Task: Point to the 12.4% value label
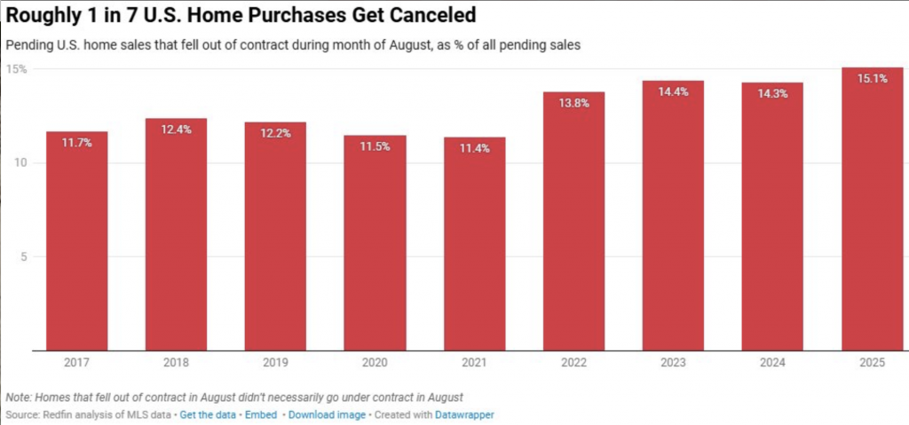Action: [x=176, y=130]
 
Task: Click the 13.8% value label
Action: [x=573, y=103]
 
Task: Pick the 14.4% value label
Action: [x=673, y=91]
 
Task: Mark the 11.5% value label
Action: [x=375, y=146]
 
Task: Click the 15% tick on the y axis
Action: [x=17, y=69]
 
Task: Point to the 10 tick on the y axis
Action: [x=20, y=163]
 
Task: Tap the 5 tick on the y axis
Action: [x=24, y=257]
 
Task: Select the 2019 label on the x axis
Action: [x=276, y=364]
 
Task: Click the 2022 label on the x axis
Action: [x=573, y=364]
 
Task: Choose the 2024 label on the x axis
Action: [x=772, y=364]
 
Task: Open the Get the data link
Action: [x=208, y=414]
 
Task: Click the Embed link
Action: [x=262, y=414]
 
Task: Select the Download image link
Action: [x=326, y=414]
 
